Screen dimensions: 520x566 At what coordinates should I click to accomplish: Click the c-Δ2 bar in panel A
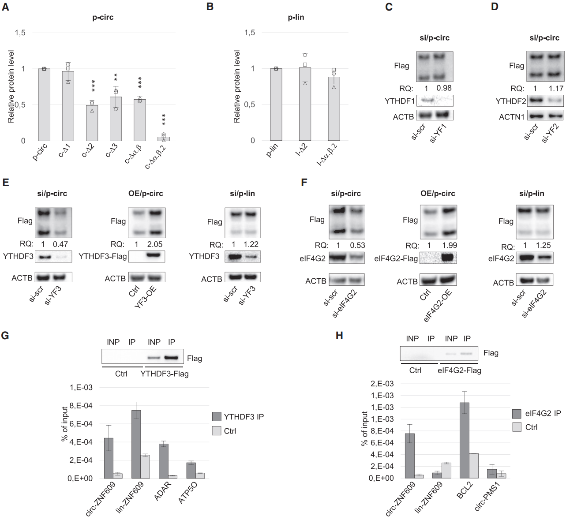click(92, 123)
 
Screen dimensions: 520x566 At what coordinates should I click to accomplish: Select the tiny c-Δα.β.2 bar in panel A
click(164, 138)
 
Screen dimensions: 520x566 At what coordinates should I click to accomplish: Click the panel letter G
click(5, 336)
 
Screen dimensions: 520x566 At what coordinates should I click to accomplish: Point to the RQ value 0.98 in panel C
click(444, 88)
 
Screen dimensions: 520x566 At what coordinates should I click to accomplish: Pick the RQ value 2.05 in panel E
click(155, 244)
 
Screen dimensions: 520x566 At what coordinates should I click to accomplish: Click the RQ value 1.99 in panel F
click(449, 245)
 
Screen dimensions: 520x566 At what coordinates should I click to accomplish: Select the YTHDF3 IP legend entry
click(238, 417)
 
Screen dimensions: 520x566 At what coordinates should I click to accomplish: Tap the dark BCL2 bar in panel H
click(464, 440)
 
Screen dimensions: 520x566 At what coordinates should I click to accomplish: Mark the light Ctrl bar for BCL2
click(473, 466)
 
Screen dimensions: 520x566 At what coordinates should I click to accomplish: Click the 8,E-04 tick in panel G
click(81, 406)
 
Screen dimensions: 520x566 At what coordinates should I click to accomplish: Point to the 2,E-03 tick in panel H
click(382, 384)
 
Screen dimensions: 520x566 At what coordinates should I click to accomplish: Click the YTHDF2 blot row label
click(511, 101)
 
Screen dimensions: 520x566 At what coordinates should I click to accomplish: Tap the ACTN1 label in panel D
click(512, 117)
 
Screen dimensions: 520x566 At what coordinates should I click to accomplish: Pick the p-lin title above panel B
click(296, 17)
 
